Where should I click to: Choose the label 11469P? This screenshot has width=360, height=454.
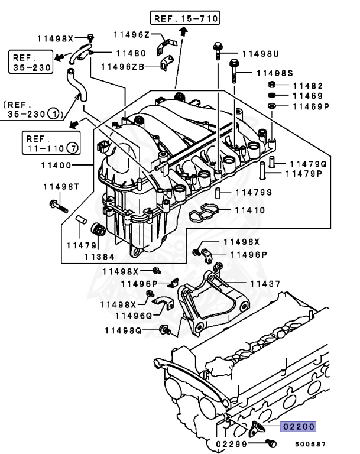click(x=310, y=106)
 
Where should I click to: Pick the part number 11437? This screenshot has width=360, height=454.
click(x=265, y=284)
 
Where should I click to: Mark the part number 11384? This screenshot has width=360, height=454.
click(x=99, y=257)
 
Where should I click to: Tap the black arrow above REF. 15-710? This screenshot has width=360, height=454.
click(x=183, y=34)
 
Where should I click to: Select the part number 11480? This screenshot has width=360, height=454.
click(x=131, y=53)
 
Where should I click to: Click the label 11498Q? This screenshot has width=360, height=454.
click(x=123, y=330)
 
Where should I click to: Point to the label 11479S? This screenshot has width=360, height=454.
click(x=254, y=192)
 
